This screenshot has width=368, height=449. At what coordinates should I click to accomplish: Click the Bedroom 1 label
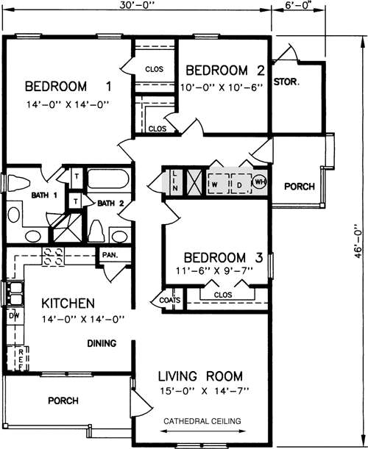(68, 87)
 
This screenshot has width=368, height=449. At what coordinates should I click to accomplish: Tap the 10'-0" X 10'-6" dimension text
(222, 87)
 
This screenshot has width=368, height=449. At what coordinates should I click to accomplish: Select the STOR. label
(286, 82)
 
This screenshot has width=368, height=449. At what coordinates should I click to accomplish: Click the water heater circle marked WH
(260, 182)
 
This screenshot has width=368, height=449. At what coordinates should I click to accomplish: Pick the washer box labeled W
(219, 184)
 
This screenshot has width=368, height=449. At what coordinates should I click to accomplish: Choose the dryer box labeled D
(241, 184)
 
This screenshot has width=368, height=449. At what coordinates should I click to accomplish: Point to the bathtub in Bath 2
(108, 179)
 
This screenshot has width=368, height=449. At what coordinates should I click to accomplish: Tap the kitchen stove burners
(53, 257)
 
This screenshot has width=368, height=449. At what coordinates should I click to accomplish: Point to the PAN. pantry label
(110, 254)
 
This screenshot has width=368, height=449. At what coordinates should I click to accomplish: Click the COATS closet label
(170, 300)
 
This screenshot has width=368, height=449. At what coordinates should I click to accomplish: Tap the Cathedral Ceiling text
(202, 421)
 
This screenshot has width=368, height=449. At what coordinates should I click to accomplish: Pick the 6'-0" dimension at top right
(298, 5)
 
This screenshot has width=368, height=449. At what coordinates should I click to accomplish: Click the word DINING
(102, 343)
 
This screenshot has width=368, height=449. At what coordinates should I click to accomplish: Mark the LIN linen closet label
(175, 181)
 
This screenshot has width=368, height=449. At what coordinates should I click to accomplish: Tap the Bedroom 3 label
(223, 257)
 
